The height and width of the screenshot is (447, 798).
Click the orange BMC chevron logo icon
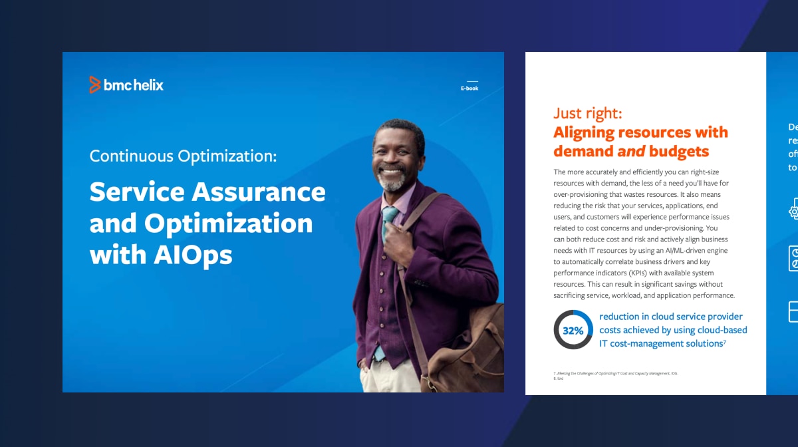pos(95,84)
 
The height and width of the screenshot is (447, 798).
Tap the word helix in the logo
pos(147,85)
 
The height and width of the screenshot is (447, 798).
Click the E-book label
pos(469,88)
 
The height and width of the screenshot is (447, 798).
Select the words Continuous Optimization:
pos(183,156)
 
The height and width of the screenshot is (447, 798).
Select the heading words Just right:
pos(587,113)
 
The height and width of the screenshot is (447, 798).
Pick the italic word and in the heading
pos(631,152)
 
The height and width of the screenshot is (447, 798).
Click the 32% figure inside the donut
pos(573,331)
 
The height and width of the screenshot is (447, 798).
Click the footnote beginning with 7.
pos(615,374)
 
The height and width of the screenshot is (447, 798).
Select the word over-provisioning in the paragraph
pos(584,194)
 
